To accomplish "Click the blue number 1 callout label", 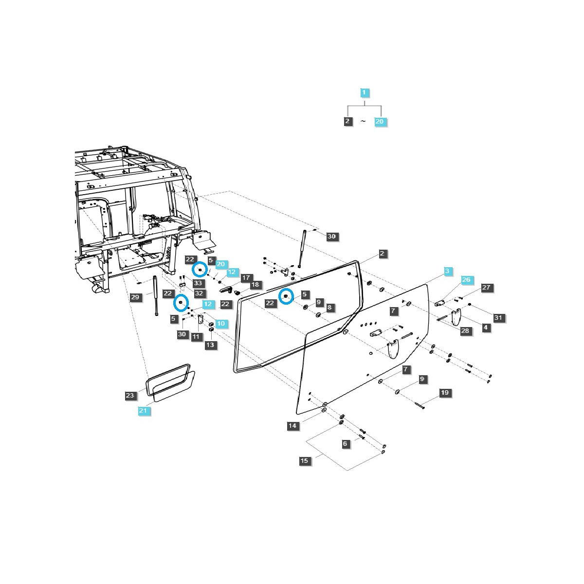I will coord(365,92).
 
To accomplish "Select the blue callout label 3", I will coord(448,270).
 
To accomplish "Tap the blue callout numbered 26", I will coord(466,280).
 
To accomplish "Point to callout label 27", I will coord(486,288).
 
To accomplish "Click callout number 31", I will coord(498,318).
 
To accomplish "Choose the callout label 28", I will coord(465,331).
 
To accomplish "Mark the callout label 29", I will coord(136,297).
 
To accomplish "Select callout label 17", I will coord(245,277).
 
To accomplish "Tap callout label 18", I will coord(255,285).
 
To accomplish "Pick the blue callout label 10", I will coord(221,324).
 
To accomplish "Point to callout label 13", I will coord(210,345).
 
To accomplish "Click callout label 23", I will coord(129,396).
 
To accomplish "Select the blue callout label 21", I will coord(143,411).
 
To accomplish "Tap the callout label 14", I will coord(292,426).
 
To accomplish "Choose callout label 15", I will coord(304,460).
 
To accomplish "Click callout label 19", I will coord(445,393).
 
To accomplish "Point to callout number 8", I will coord(329,308).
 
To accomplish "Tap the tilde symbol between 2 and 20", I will coord(363,122).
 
